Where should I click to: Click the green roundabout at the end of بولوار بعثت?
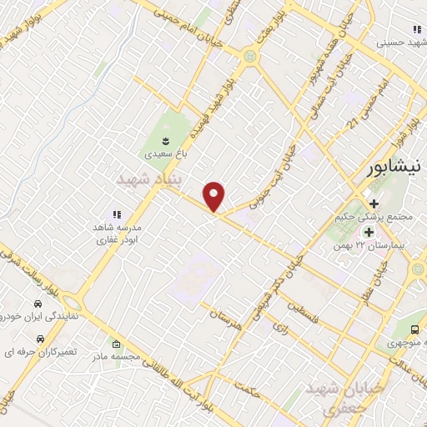(x=249, y=57)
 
